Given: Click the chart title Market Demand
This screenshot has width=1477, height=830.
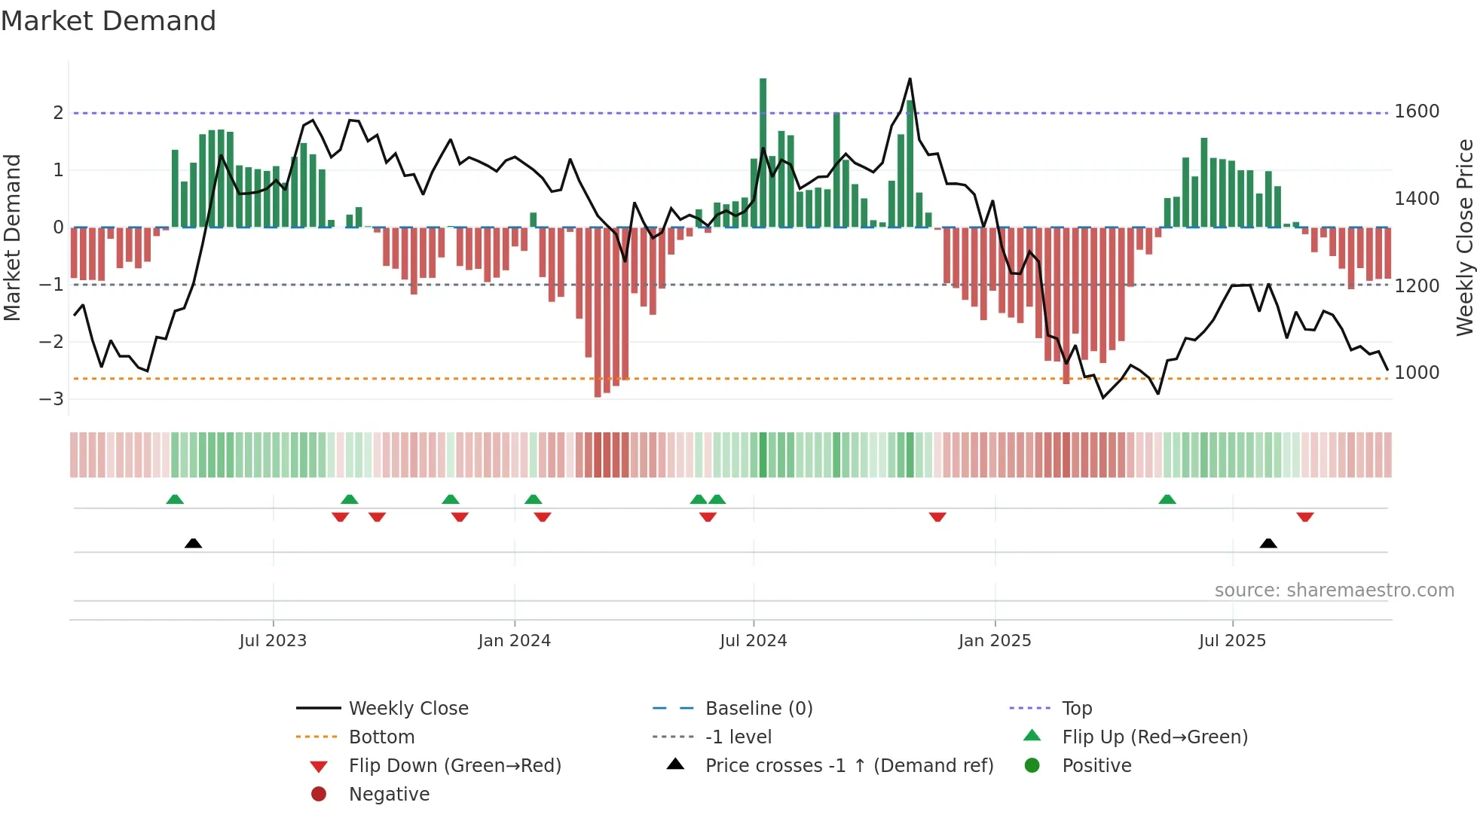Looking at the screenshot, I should pos(109,21).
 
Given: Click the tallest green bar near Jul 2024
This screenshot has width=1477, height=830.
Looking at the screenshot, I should pos(763,151).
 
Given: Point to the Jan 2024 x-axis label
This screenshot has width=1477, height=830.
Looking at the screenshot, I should pos(514,641).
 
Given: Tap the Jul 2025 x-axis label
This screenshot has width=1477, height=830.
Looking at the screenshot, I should pos(1232,641).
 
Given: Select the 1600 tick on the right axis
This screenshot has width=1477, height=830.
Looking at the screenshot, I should pos(1417,111).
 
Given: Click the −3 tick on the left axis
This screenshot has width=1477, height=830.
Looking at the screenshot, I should pos(52,398).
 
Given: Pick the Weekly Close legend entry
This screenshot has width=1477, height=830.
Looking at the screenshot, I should pos(408,708).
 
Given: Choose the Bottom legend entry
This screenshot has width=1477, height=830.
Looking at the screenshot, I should pos(381,737).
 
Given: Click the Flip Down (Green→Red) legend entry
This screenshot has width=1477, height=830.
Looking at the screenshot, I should pos(454,765).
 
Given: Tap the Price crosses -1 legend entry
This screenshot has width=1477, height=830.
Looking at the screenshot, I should pos(849,765).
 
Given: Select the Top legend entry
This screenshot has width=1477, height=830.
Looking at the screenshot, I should pos(1076,708).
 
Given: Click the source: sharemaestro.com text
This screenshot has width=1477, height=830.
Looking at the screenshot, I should pos(1334,590).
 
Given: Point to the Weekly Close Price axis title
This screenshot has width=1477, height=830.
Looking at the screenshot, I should pos(1464,237).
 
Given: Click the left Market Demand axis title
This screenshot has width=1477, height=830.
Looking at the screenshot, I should pos(13,237).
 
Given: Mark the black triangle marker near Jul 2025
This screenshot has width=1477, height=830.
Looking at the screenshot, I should pos(1268,543).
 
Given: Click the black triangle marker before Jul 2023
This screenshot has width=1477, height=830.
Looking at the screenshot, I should pos(193,543).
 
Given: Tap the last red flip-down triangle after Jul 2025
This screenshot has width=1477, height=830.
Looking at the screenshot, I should pos(1305,517).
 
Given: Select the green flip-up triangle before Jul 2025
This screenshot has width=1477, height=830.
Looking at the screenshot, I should pos(1167,499).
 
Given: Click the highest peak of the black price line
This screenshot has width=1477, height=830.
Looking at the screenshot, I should pos(910,79).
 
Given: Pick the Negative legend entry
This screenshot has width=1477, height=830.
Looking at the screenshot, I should pos(389,794).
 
